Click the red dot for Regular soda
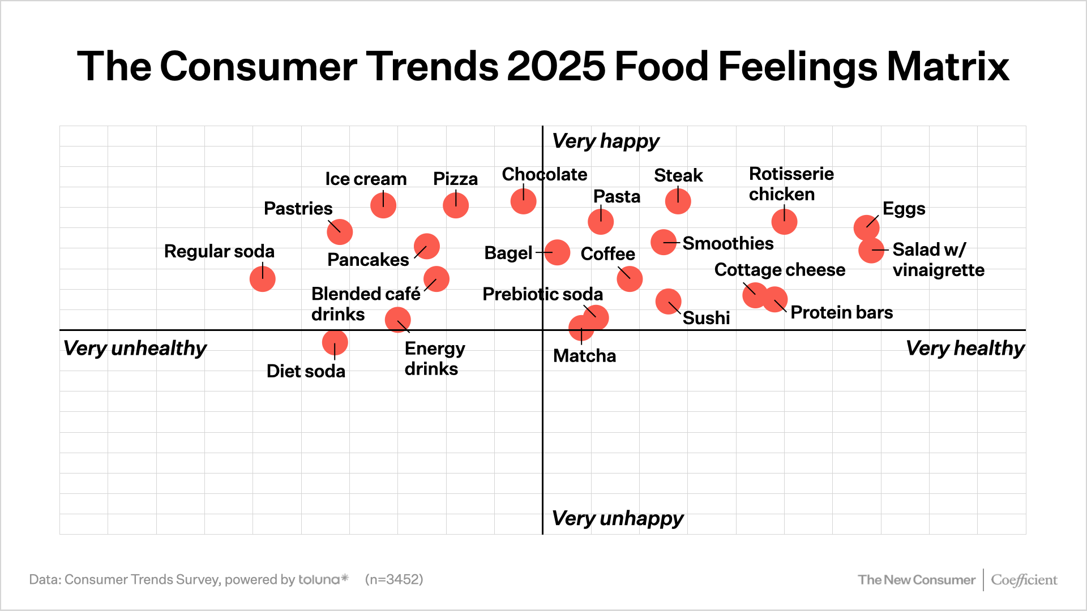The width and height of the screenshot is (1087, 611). (263, 279)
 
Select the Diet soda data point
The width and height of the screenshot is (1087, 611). (335, 342)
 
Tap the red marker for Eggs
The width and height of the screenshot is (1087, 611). (866, 227)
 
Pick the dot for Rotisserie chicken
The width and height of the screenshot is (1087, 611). (784, 222)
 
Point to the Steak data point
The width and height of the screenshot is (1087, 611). (678, 201)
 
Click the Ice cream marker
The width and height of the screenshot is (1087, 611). (383, 205)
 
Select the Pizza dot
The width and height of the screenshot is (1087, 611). (456, 205)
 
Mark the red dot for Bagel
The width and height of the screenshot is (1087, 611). (557, 252)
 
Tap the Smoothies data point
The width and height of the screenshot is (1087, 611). (664, 242)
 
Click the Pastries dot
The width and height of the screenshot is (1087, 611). (340, 232)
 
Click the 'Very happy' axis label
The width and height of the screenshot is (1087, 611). (605, 141)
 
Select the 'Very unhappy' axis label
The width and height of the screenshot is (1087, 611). (617, 518)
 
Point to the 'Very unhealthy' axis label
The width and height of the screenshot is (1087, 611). (135, 348)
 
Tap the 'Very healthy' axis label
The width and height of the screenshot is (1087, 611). (965, 348)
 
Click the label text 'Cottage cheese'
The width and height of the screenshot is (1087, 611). (779, 270)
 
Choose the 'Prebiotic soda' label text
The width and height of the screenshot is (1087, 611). (542, 294)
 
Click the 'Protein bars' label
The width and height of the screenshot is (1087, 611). (841, 312)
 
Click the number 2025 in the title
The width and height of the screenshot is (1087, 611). (556, 66)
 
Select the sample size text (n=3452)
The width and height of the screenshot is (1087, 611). (394, 579)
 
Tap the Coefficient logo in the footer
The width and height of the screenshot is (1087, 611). (1024, 580)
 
